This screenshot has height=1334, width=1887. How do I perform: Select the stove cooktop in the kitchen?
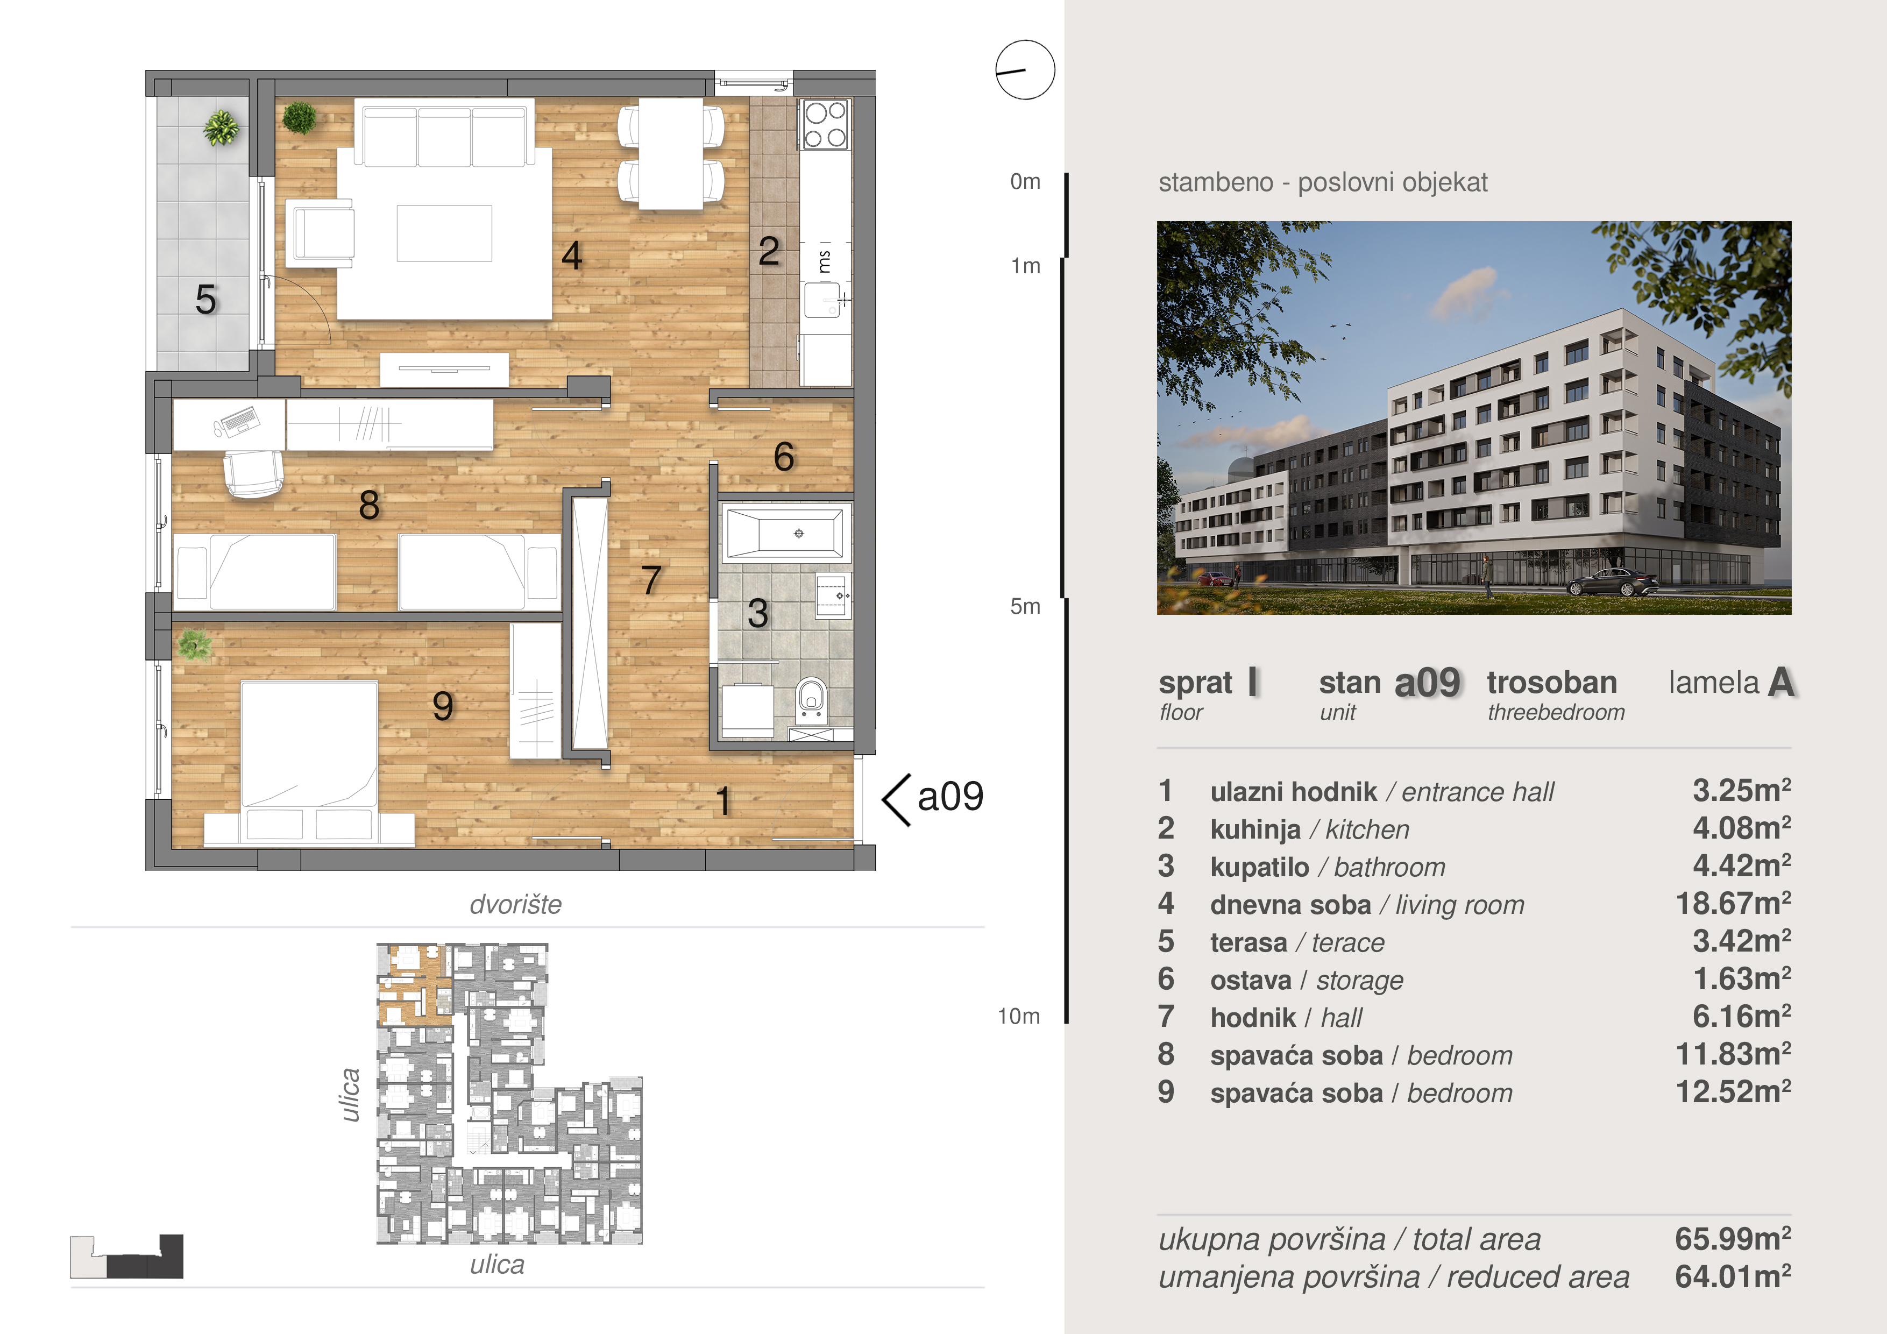(825, 124)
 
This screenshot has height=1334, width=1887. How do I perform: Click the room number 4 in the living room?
(572, 255)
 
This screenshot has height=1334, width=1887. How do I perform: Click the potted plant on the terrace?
(221, 127)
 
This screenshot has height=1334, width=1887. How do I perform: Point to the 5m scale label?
(1025, 607)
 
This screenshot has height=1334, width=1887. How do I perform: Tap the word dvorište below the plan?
(515, 904)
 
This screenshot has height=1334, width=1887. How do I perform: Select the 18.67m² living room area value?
(1733, 904)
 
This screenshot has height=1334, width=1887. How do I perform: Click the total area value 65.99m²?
(1733, 1239)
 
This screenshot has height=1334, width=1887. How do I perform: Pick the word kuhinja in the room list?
(1255, 829)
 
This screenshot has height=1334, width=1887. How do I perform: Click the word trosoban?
(1552, 682)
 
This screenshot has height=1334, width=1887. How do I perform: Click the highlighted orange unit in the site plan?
(414, 983)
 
